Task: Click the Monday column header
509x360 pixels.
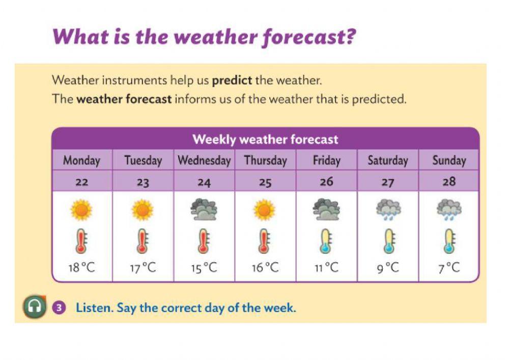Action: tap(81, 160)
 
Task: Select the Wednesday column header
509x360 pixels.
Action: tap(204, 160)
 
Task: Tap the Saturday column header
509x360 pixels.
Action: tap(388, 160)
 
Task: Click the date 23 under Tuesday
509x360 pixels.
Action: tap(143, 182)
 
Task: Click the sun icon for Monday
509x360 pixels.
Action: tap(81, 209)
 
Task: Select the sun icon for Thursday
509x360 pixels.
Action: tap(265, 209)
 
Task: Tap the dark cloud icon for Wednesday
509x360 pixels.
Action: tap(204, 209)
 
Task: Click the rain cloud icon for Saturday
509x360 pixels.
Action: tap(388, 209)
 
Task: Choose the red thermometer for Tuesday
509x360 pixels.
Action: tap(143, 241)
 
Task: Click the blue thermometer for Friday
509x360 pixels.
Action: tap(326, 241)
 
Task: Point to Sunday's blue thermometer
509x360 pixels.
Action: tap(449, 241)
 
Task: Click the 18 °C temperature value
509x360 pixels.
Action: tap(81, 268)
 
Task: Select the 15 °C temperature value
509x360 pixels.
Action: tap(204, 268)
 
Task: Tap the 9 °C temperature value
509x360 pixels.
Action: tap(388, 268)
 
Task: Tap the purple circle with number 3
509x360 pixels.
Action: tap(60, 308)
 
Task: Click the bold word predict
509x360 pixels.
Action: tap(232, 80)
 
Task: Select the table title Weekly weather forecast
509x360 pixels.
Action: tap(265, 139)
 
